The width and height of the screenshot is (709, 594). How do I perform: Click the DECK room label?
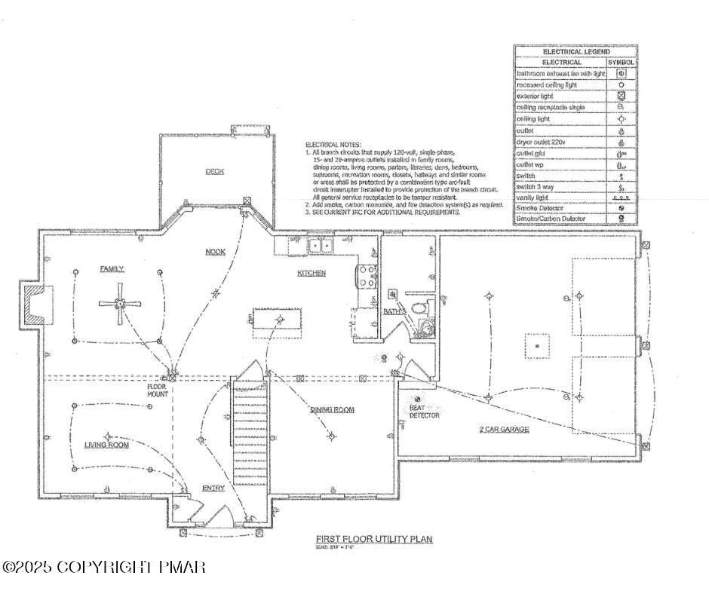click(215, 171)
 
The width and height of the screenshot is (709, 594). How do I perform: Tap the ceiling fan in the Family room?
click(119, 304)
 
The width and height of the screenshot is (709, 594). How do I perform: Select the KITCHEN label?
click(311, 273)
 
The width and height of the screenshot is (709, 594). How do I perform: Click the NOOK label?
click(216, 251)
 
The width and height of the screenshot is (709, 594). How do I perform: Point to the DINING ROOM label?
click(332, 410)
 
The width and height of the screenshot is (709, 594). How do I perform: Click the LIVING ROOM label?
click(106, 445)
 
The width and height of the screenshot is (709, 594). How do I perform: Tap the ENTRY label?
click(213, 488)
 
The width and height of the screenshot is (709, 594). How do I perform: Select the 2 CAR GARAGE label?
click(504, 429)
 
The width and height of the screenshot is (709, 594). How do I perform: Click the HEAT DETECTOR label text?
click(424, 411)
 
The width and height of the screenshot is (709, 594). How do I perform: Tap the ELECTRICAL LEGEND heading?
click(575, 51)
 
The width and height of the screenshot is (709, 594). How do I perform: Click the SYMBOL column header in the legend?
click(622, 63)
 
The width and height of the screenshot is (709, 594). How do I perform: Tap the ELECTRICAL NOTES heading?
click(333, 144)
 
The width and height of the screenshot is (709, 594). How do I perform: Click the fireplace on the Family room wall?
click(32, 304)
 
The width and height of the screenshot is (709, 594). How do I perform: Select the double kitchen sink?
click(321, 246)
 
